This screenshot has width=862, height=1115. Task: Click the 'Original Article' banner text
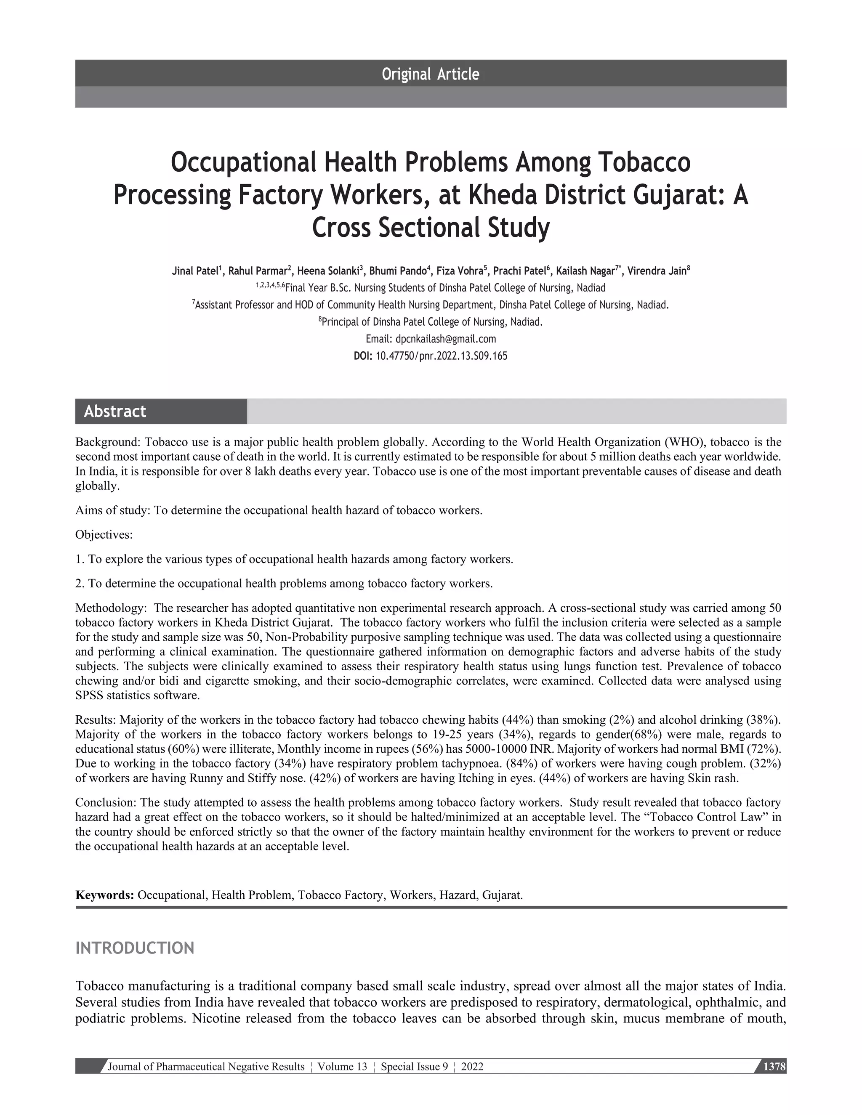click(x=430, y=74)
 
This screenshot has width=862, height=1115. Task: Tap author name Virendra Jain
click(x=657, y=271)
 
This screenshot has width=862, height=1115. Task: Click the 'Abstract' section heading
click(x=115, y=411)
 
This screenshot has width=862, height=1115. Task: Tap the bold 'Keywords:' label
click(x=105, y=895)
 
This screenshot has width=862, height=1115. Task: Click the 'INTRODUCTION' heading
click(x=135, y=948)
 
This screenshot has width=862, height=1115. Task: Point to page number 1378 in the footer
click(x=774, y=1067)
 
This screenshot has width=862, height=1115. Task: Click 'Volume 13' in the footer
click(x=342, y=1067)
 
